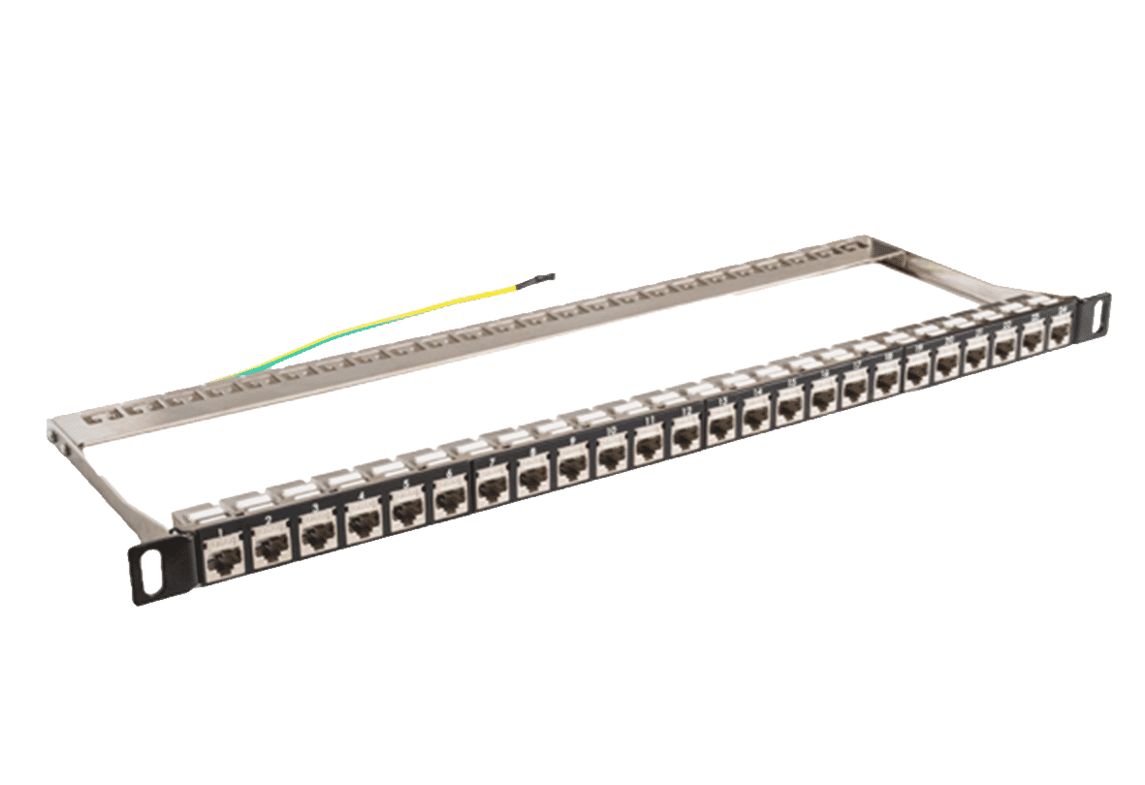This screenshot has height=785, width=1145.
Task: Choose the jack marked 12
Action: [686, 436]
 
